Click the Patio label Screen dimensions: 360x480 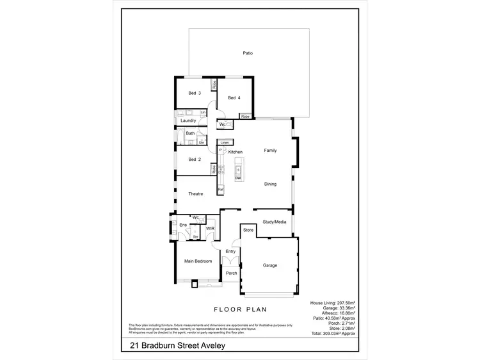248,53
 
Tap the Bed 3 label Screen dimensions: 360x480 195,94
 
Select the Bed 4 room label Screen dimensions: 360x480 234,98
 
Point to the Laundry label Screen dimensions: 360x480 188,120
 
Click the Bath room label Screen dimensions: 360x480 191,133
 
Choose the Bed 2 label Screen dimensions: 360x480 195,160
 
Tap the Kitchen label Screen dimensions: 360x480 236,151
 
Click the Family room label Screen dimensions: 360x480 271,150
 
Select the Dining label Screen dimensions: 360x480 271,184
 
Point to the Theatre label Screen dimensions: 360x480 196,193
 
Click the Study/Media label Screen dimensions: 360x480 275,222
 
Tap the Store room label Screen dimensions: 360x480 249,229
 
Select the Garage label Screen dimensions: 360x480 270,265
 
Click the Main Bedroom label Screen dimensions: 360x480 198,261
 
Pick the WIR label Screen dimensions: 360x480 210,229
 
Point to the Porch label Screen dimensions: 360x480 231,274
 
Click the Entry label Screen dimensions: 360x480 231,252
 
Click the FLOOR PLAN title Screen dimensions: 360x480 240,309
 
